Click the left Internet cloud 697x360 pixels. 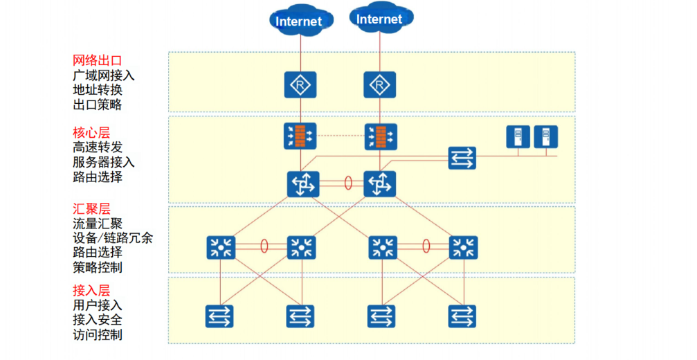pyautogui.click(x=300, y=21)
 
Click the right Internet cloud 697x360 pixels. pyautogui.click(x=381, y=19)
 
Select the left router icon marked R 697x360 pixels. pyautogui.click(x=300, y=85)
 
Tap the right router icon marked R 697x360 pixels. pyautogui.click(x=379, y=85)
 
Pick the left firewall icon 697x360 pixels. pyautogui.click(x=300, y=136)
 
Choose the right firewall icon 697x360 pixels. pyautogui.click(x=381, y=136)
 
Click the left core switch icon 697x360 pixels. pyautogui.click(x=303, y=184)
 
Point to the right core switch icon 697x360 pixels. pyautogui.click(x=379, y=184)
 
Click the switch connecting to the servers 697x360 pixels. pyautogui.click(x=462, y=158)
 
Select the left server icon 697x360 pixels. pyautogui.click(x=518, y=136)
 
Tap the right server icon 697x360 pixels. pyautogui.click(x=546, y=136)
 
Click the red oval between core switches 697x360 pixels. pyautogui.click(x=349, y=183)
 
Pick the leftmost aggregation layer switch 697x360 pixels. pyautogui.click(x=221, y=248)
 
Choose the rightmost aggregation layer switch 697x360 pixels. pyautogui.click(x=463, y=248)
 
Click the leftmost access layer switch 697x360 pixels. pyautogui.click(x=219, y=316)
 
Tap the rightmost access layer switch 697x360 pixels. pyautogui.click(x=462, y=316)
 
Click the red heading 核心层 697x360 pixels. pyautogui.click(x=91, y=132)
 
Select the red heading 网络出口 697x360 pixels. pyautogui.click(x=98, y=60)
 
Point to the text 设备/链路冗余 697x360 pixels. pyautogui.click(x=113, y=237)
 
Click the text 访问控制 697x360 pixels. pyautogui.click(x=98, y=334)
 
